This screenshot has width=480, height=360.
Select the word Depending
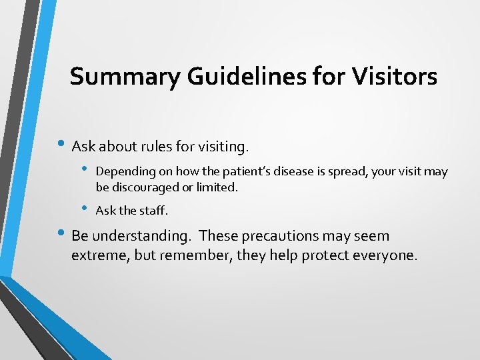[x=123, y=172]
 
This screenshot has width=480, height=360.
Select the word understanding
[x=141, y=237]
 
